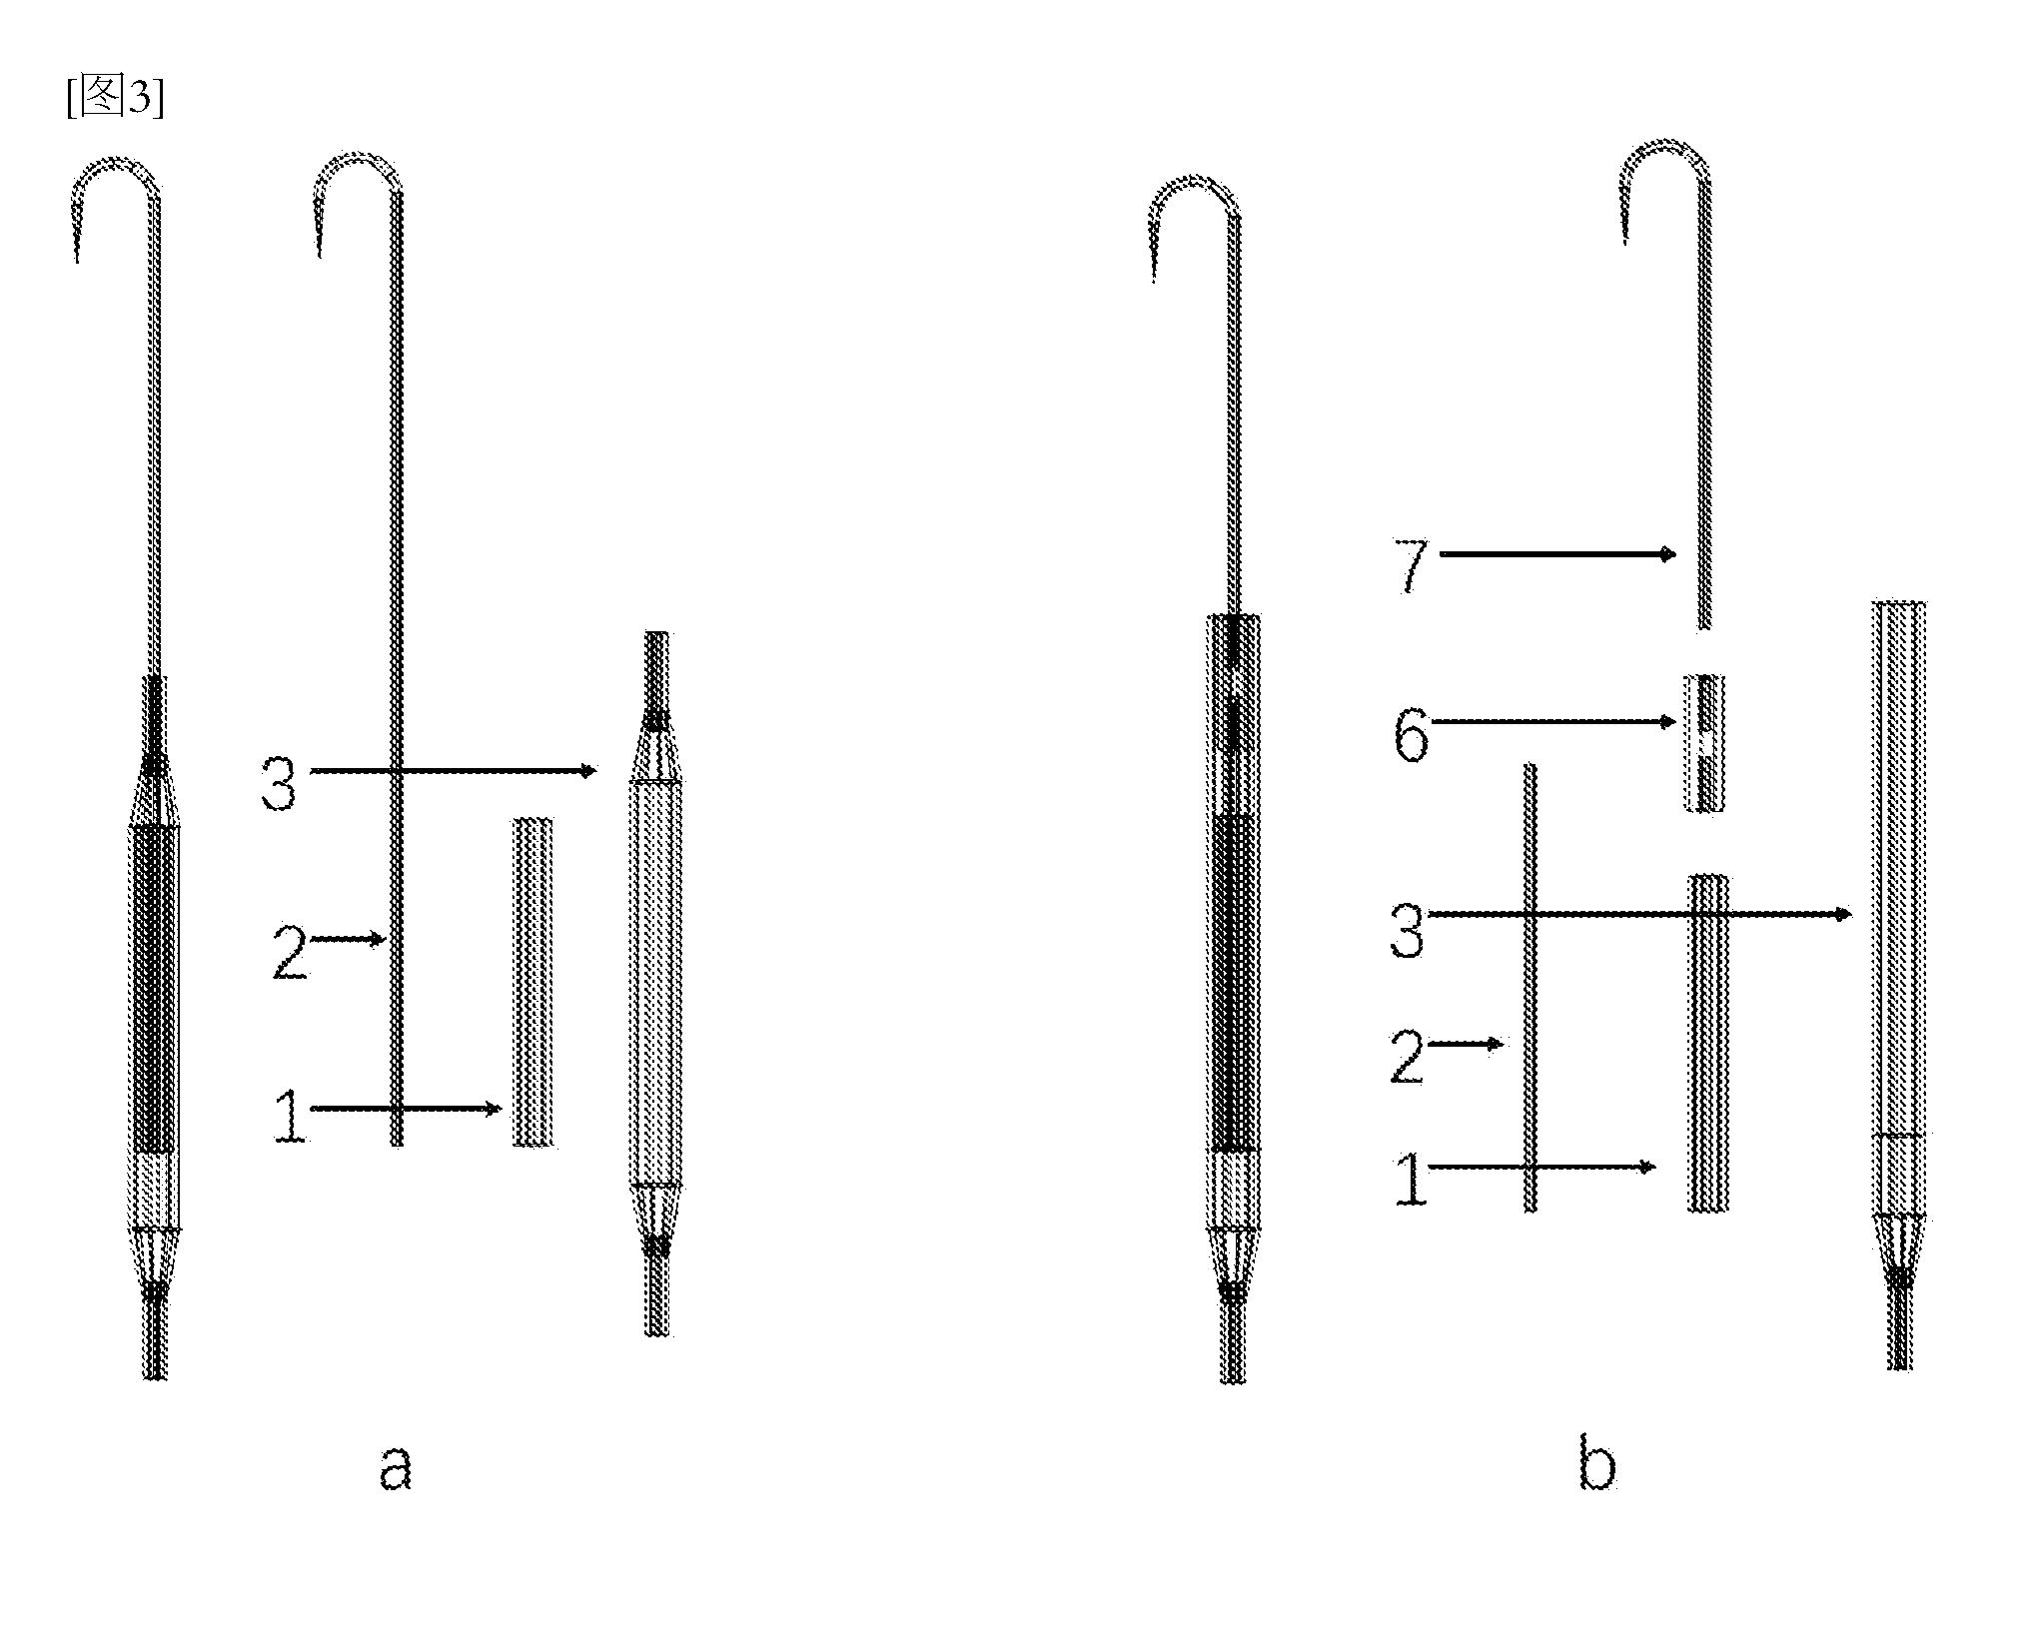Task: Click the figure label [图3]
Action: (x=115, y=97)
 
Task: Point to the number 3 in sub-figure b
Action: (x=1407, y=928)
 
